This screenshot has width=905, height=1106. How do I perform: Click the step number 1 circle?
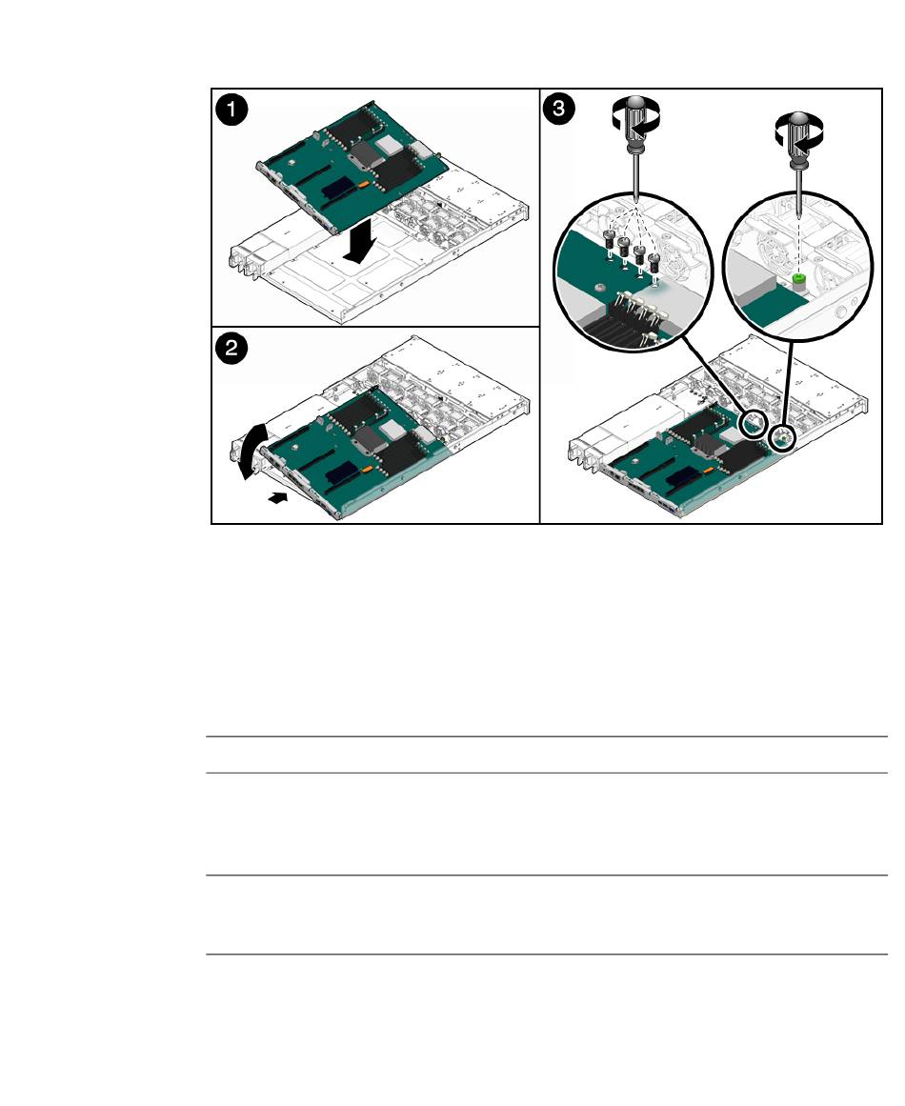coord(231,111)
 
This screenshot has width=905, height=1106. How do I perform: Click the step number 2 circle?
coord(231,349)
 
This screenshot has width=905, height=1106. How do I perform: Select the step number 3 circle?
coord(558,109)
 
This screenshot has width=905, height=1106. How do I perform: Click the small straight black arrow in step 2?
coord(279,498)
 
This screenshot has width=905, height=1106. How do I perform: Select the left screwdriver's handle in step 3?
coord(635,124)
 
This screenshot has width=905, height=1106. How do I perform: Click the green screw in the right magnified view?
coord(798,284)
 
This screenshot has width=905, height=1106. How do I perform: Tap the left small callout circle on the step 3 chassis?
coord(754,423)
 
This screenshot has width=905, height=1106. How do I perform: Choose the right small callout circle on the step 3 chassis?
coord(781,438)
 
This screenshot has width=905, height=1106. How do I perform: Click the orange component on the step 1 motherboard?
coord(363,184)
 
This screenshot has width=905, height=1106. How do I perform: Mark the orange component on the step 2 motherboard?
coord(367,468)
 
